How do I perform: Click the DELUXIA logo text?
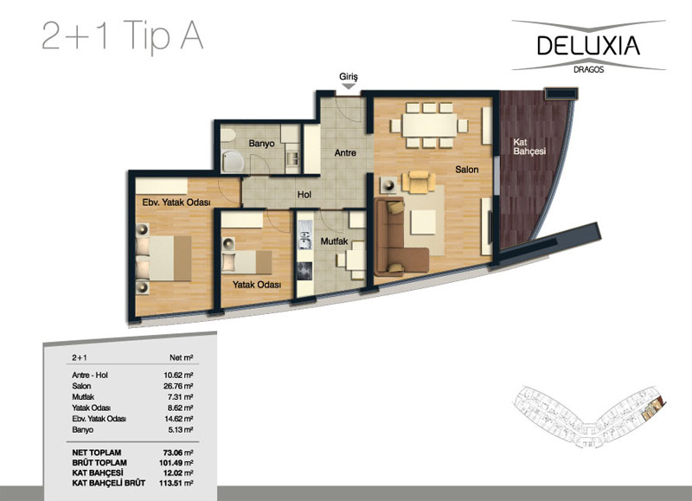click(588, 46)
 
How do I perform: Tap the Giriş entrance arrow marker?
click(349, 87)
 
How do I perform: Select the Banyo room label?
click(261, 144)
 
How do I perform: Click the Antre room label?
click(345, 153)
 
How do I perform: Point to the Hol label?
click(304, 195)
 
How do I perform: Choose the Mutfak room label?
click(334, 241)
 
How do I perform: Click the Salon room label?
click(467, 170)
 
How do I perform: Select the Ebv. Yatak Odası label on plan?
click(176, 202)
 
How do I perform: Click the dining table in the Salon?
click(429, 125)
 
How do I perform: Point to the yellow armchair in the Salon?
click(419, 182)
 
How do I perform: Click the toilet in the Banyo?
click(228, 136)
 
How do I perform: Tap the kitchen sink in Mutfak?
click(305, 234)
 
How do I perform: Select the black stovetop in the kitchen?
click(304, 272)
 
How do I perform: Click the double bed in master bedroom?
click(163, 258)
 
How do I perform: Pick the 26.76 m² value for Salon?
click(178, 386)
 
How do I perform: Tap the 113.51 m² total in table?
click(176, 483)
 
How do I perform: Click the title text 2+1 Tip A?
click(123, 36)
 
